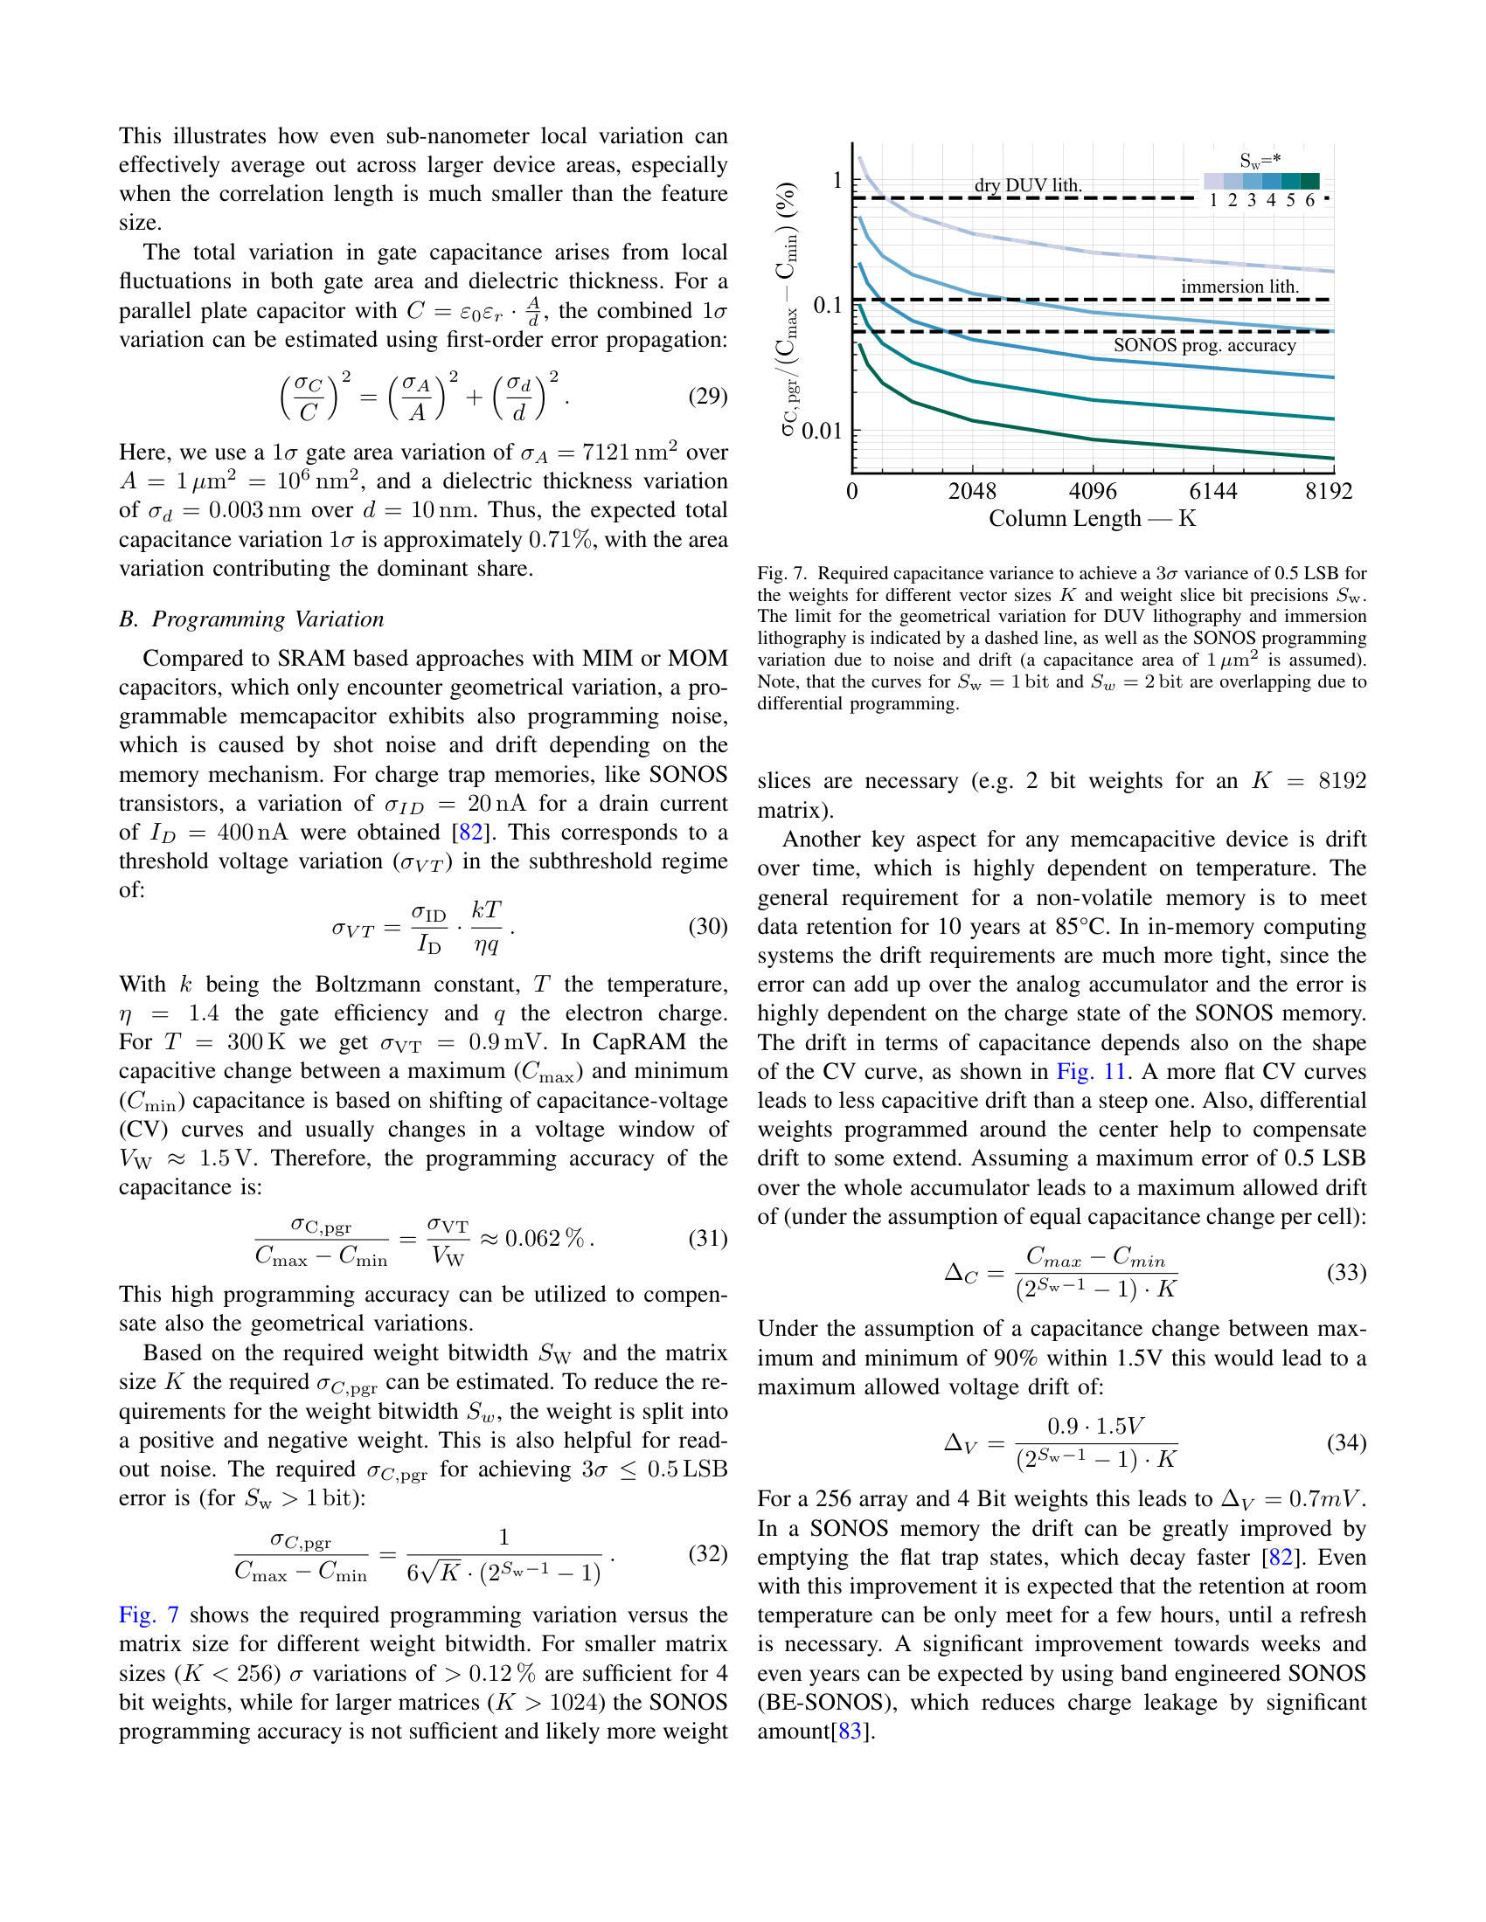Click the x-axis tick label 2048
tap(972, 491)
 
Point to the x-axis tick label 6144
tap(1213, 491)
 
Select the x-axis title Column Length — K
tap(1093, 518)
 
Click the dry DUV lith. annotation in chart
tap(1027, 185)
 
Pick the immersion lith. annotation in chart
tap(1239, 286)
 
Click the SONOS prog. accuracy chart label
tap(1205, 345)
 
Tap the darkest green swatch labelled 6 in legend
tap(1310, 182)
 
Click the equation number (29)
tap(708, 396)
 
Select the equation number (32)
tap(708, 1553)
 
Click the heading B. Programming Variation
tap(252, 619)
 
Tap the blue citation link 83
tap(850, 1731)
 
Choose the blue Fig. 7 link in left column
tap(149, 1614)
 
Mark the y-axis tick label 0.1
tap(828, 306)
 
